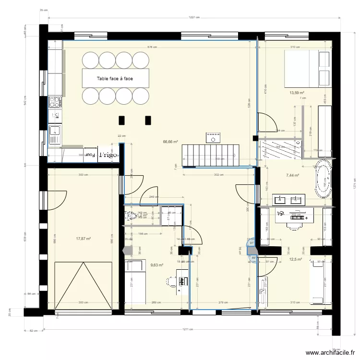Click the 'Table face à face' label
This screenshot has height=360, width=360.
click(x=115, y=78)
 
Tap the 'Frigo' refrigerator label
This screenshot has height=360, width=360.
click(x=107, y=155)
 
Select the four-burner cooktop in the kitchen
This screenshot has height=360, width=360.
click(x=55, y=102)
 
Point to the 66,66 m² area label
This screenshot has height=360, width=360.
click(x=170, y=142)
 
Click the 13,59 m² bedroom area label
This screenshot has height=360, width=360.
click(x=297, y=93)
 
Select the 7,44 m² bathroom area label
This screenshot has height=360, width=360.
click(x=292, y=176)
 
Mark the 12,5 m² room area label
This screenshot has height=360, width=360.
click(x=295, y=259)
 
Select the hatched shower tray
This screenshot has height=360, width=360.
click(x=281, y=149)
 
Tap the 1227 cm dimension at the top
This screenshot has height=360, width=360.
click(x=194, y=17)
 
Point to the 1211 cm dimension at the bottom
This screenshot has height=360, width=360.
click(x=191, y=330)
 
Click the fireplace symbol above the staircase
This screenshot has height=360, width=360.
click(x=212, y=138)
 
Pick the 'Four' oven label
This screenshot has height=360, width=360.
click(x=89, y=155)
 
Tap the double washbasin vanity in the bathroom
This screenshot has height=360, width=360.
click(x=289, y=199)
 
